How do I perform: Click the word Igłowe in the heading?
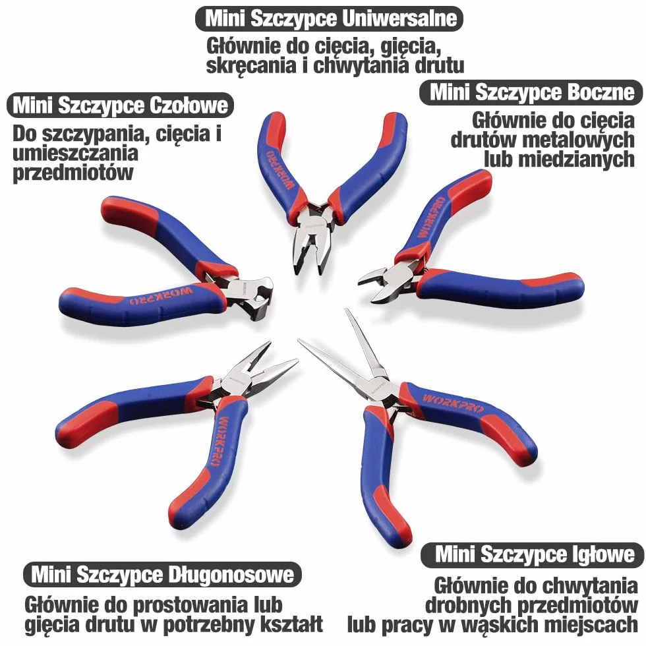tap(604, 554)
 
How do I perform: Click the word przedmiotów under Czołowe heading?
tap(73, 173)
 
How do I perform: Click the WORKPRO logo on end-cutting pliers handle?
tap(161, 295)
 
